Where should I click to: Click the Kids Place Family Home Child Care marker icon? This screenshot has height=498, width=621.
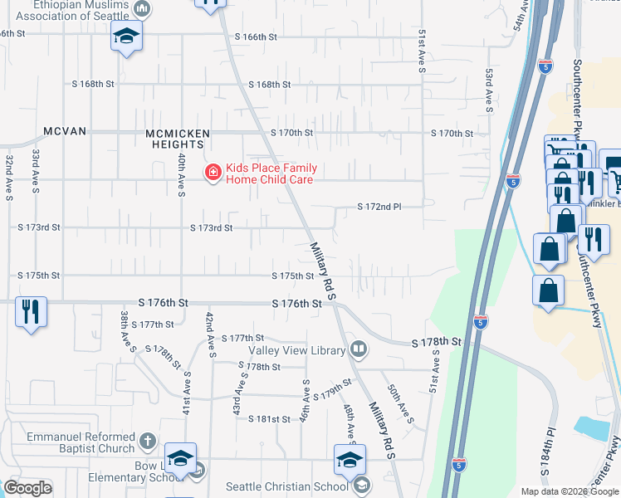[212, 172]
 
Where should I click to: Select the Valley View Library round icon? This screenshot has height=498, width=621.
[359, 349]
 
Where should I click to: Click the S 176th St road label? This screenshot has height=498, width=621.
[296, 305]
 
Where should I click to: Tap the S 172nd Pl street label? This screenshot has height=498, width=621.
[379, 207]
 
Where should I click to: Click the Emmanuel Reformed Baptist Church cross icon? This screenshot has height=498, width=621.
[147, 440]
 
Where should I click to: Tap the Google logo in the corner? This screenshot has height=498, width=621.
[28, 488]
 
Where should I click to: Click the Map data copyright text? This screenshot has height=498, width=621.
[569, 491]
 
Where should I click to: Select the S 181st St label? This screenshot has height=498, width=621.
[269, 419]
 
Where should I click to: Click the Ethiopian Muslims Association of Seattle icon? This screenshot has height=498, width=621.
[142, 8]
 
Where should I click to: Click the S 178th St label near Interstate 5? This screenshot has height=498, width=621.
[436, 342]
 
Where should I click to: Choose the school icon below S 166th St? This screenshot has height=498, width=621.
[126, 36]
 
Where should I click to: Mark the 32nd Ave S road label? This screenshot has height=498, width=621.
[8, 177]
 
